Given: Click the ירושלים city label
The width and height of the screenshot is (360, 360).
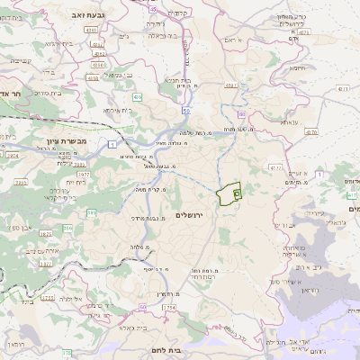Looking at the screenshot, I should [191, 214].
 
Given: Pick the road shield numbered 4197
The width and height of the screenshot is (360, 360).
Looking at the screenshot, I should [230, 86].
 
